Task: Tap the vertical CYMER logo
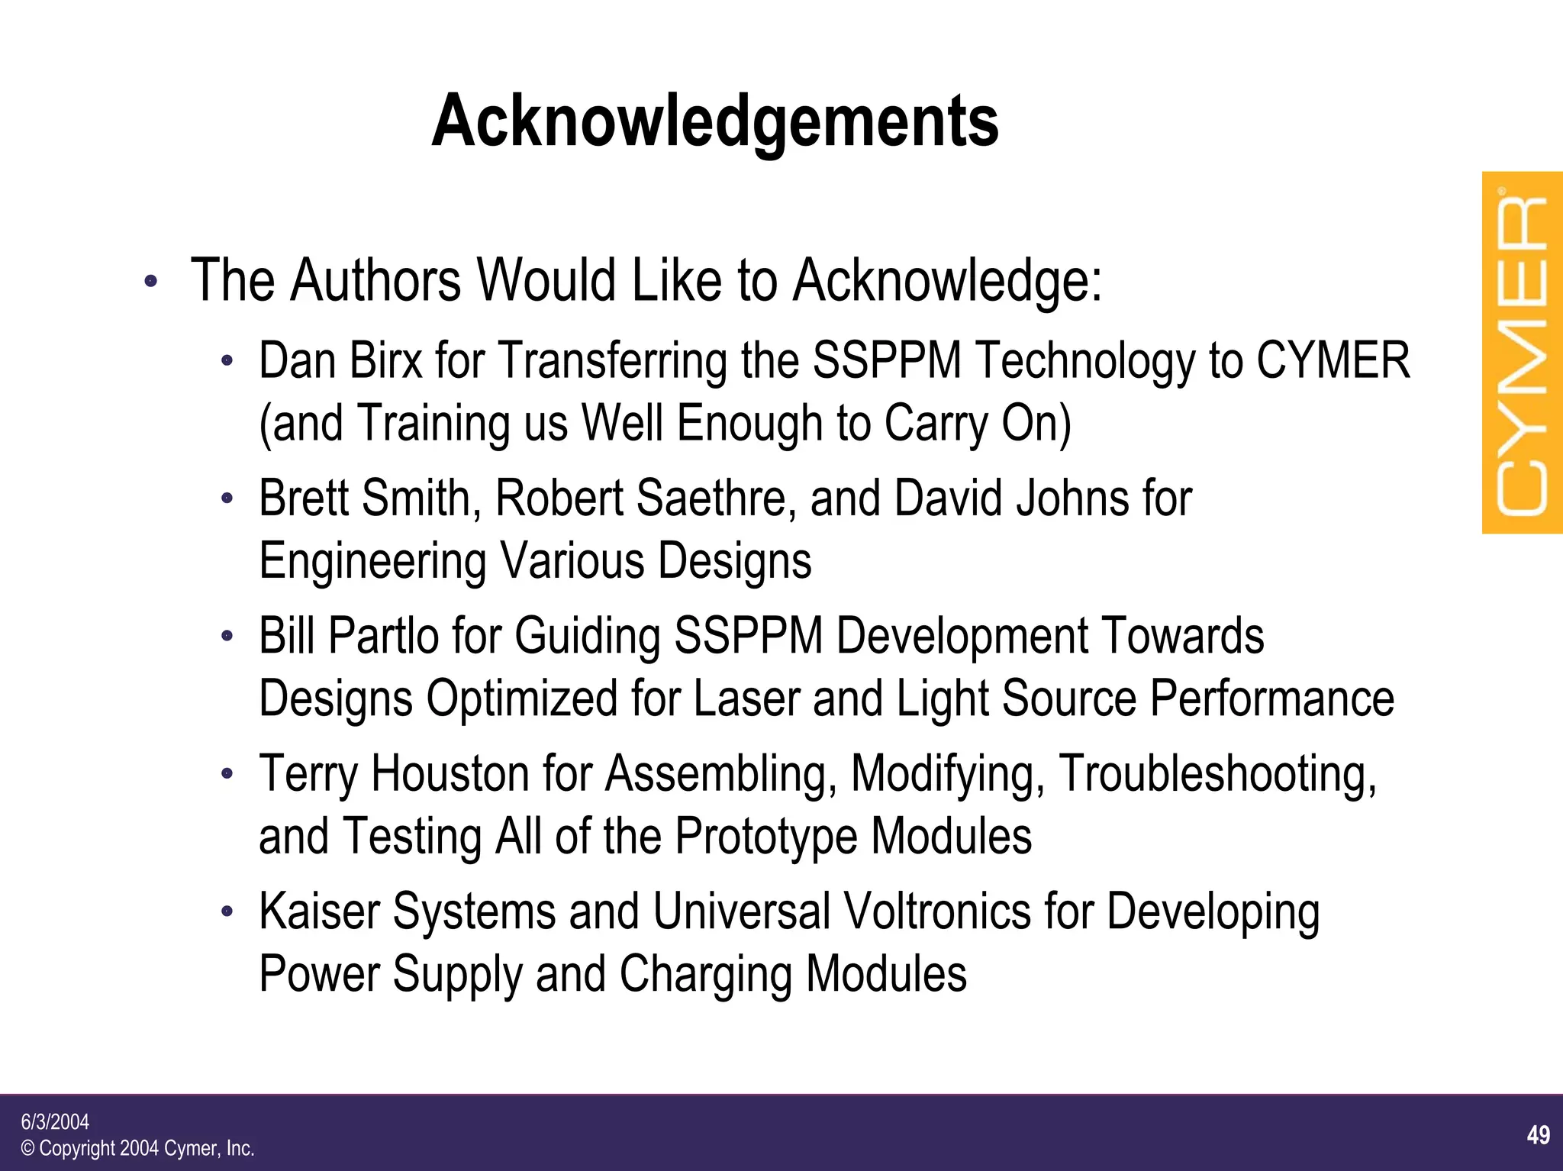[x=1522, y=353]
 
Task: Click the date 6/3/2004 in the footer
[x=55, y=1121]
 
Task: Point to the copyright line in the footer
[x=137, y=1148]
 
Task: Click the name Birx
[x=385, y=360]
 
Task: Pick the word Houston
[x=450, y=773]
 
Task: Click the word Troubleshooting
[x=1217, y=775]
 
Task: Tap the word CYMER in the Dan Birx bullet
[x=1333, y=360]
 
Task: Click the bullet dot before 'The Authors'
[x=150, y=281]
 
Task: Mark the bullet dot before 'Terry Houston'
[x=226, y=774]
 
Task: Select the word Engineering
[x=372, y=562]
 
